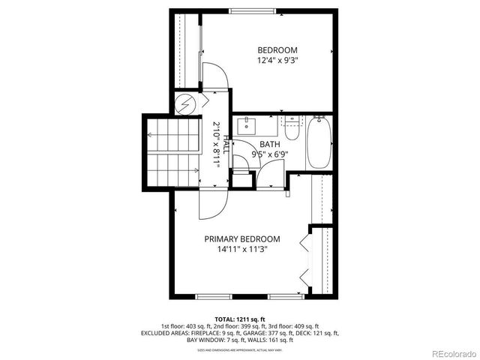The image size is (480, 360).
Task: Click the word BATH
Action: tap(270, 144)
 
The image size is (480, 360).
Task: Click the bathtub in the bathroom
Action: tap(318, 142)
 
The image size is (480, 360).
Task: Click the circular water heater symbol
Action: tap(185, 103)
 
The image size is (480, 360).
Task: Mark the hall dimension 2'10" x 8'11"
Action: tap(215, 143)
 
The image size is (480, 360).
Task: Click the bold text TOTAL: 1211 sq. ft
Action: tap(240, 319)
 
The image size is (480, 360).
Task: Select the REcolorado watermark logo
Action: tap(451, 352)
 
